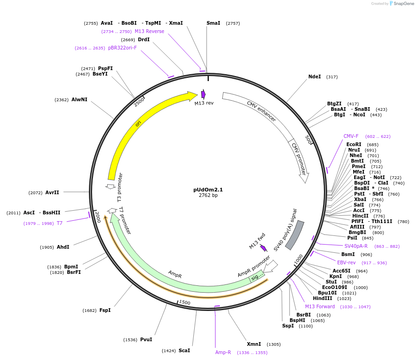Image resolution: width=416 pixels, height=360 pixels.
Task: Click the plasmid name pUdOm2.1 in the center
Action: [x=208, y=190]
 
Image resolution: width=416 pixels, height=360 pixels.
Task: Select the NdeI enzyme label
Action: [x=314, y=77]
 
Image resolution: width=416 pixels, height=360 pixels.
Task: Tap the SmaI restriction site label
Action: [x=213, y=23]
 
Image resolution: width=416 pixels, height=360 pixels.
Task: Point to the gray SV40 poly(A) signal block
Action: [x=295, y=235]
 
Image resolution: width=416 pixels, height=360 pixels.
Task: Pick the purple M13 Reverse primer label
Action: [x=149, y=31]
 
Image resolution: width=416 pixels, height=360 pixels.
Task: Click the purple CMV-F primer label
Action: [x=351, y=136]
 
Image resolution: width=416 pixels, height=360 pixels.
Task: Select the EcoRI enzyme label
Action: [x=354, y=144]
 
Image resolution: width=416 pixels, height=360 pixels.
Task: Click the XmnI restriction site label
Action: [x=254, y=344]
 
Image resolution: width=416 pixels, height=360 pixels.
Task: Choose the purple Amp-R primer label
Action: [x=223, y=352]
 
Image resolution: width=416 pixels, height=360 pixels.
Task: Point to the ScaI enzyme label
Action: [x=184, y=350]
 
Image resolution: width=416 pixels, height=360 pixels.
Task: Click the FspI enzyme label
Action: [x=105, y=310]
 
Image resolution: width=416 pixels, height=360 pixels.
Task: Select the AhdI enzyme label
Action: [x=63, y=247]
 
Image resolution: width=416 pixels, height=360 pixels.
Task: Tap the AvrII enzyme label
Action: [x=52, y=192]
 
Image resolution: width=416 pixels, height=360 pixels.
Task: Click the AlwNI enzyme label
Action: [x=79, y=99]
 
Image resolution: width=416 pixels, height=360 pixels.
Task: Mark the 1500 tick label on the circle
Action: [x=185, y=303]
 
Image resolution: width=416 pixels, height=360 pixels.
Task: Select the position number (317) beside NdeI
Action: [x=332, y=77]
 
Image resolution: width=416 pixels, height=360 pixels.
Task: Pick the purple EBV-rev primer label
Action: [x=346, y=262]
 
